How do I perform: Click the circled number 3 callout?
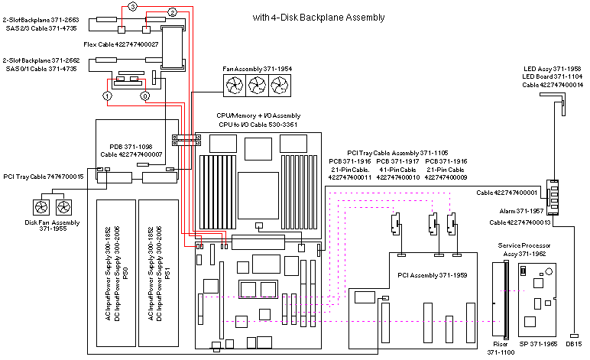point(132,6)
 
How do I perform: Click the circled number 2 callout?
point(172,12)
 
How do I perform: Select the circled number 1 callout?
point(108,97)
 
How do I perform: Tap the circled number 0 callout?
point(144,97)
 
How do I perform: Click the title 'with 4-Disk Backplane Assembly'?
point(318,17)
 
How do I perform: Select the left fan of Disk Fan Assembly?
point(38,207)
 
